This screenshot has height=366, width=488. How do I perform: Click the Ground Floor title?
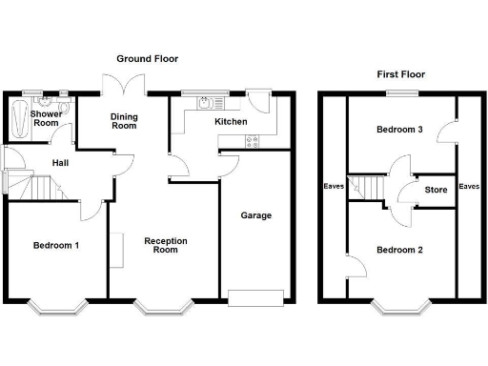coord(149,59)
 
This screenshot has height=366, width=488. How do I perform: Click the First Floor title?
coord(400,73)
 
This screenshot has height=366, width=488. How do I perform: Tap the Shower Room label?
coord(47,119)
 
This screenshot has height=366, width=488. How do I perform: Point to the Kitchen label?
coord(231,122)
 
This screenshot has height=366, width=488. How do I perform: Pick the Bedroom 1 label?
coord(56,246)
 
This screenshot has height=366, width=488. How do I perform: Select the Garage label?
coord(255,215)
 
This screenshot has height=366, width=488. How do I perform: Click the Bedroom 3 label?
coord(399,130)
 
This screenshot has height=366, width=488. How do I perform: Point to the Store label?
coord(436,190)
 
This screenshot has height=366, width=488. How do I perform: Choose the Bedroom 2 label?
coord(399,251)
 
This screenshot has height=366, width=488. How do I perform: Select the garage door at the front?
coord(255,298)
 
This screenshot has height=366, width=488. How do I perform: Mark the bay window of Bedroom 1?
coord(56,306)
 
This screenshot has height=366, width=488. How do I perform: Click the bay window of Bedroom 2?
coord(398,306)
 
